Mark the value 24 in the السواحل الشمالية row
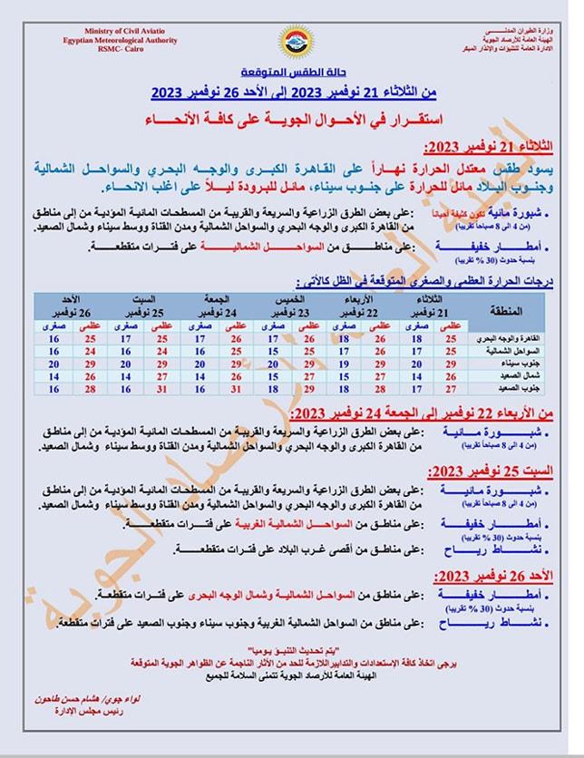(88, 350)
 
